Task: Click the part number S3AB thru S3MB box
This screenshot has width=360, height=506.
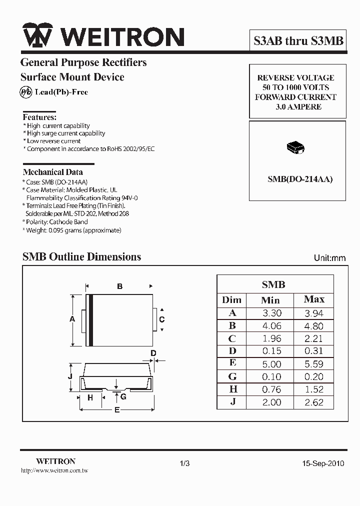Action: (298, 40)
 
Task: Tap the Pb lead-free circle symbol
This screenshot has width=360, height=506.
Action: (25, 92)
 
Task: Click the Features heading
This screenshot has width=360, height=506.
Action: (39, 117)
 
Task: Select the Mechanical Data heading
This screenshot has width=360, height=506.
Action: (53, 171)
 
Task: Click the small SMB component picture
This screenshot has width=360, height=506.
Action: (295, 147)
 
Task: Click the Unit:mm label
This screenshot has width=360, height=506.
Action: (329, 258)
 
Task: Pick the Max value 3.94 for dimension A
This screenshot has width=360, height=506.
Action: (314, 313)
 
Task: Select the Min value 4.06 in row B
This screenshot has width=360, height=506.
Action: (271, 326)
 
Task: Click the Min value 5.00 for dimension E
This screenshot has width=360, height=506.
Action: (271, 364)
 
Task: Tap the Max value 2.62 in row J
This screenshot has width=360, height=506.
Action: (314, 402)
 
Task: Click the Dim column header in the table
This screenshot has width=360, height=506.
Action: (231, 300)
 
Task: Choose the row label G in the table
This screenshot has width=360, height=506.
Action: (232, 376)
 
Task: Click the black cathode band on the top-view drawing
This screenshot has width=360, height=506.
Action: (91, 320)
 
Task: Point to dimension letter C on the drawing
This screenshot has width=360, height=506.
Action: (161, 319)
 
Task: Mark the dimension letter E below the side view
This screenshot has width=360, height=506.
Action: (117, 410)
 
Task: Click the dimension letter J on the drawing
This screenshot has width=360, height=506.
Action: (71, 376)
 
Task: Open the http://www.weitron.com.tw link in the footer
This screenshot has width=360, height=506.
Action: (54, 471)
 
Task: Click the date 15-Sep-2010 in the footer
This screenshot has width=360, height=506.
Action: (323, 463)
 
